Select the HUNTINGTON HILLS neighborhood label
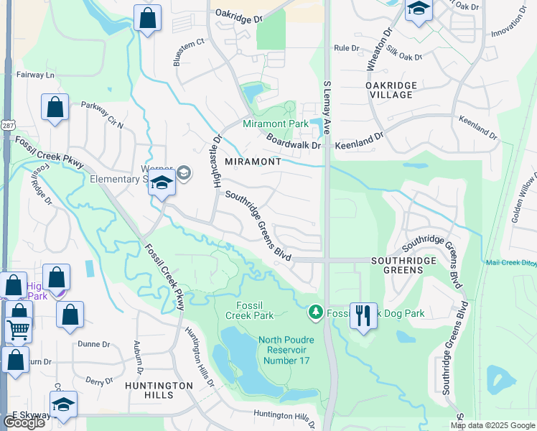158,390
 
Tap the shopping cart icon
19,329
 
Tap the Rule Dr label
346,48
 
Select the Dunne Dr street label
95,344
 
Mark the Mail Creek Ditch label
510,263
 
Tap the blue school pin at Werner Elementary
162,183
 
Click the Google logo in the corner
24,422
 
